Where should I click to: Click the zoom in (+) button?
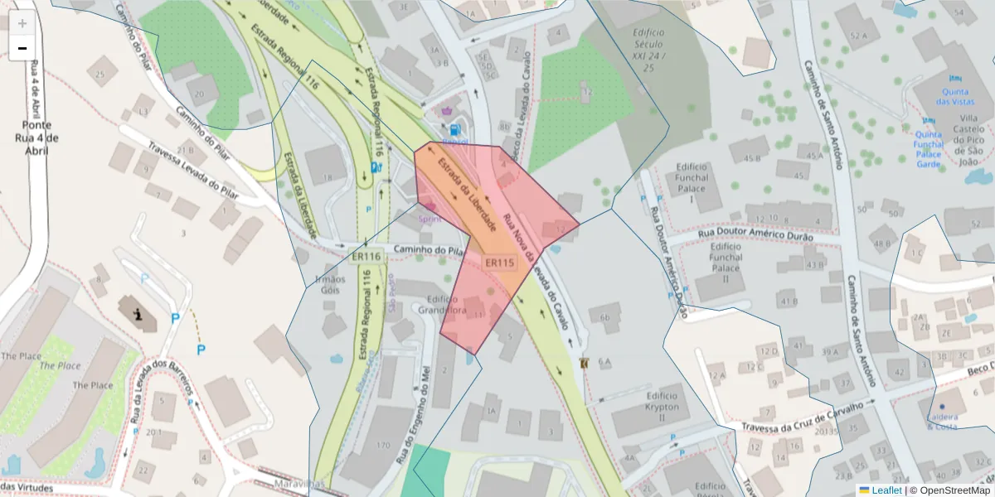(x=22, y=22)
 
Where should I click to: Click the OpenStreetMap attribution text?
(x=954, y=490)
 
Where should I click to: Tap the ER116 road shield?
(x=366, y=257)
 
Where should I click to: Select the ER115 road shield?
(x=500, y=263)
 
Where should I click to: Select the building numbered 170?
(x=382, y=446)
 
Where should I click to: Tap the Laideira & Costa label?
(x=941, y=422)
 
